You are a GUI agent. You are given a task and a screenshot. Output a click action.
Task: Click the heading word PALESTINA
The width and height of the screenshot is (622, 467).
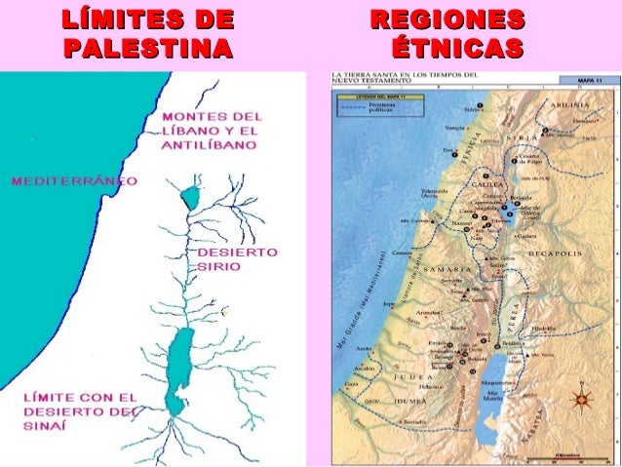coord(147,47)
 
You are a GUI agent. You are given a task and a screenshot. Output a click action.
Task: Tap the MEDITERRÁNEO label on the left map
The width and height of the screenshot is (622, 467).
coord(74,180)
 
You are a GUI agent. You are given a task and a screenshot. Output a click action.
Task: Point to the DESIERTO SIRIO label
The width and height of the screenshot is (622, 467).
coord(237,258)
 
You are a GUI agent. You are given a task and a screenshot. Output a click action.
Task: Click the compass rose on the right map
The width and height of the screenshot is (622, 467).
coord(584,398)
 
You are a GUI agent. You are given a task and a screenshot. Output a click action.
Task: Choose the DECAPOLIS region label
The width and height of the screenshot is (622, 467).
coord(555,252)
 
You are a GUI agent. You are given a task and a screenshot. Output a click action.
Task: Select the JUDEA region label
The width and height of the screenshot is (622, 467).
coord(413,376)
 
